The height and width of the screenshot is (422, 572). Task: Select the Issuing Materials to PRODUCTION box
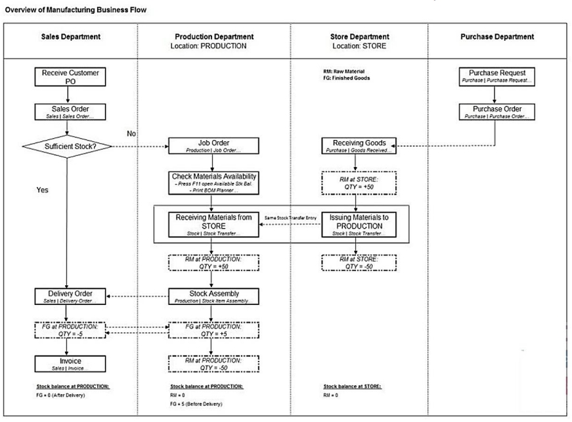pos(355,225)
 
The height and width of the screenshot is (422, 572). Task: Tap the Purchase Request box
pos(497,76)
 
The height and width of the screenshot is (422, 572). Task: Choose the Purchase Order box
pos(497,112)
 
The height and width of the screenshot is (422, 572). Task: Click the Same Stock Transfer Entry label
pos(290,218)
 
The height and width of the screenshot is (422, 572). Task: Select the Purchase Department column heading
pos(497,37)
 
